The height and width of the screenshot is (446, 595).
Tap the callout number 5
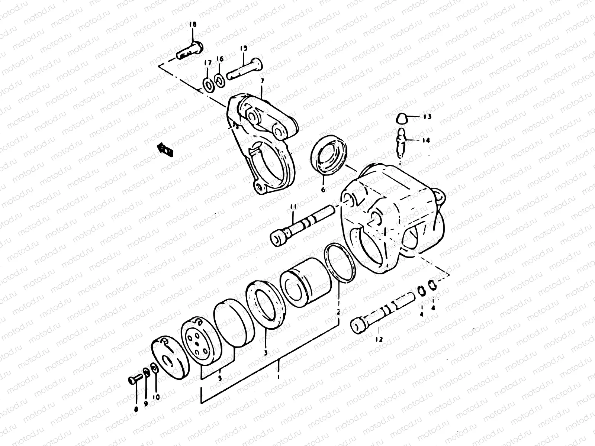(x=220, y=378)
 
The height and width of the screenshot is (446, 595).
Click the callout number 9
(x=146, y=403)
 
